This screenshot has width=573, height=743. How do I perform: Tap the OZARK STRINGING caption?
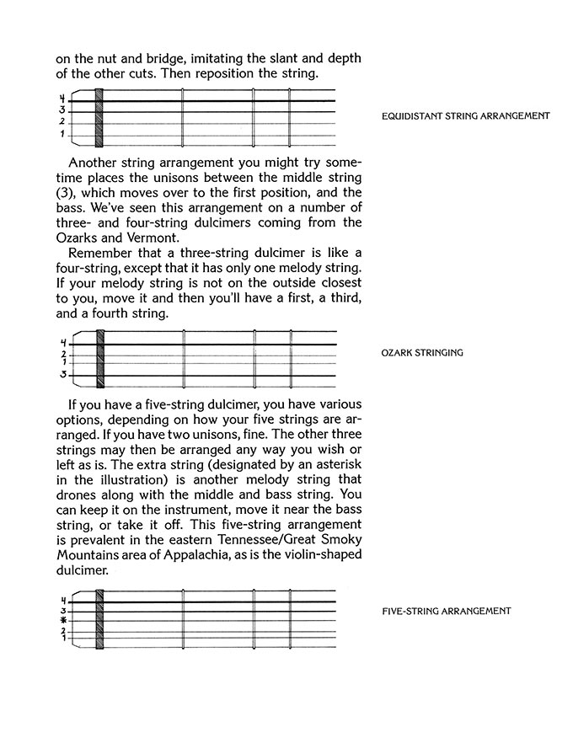click(422, 353)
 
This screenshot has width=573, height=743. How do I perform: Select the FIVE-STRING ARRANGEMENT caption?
click(447, 611)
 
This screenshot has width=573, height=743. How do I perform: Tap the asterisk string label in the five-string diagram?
click(62, 620)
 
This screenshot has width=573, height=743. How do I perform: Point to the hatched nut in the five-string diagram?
click(99, 618)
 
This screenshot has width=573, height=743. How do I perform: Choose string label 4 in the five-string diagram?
click(62, 600)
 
